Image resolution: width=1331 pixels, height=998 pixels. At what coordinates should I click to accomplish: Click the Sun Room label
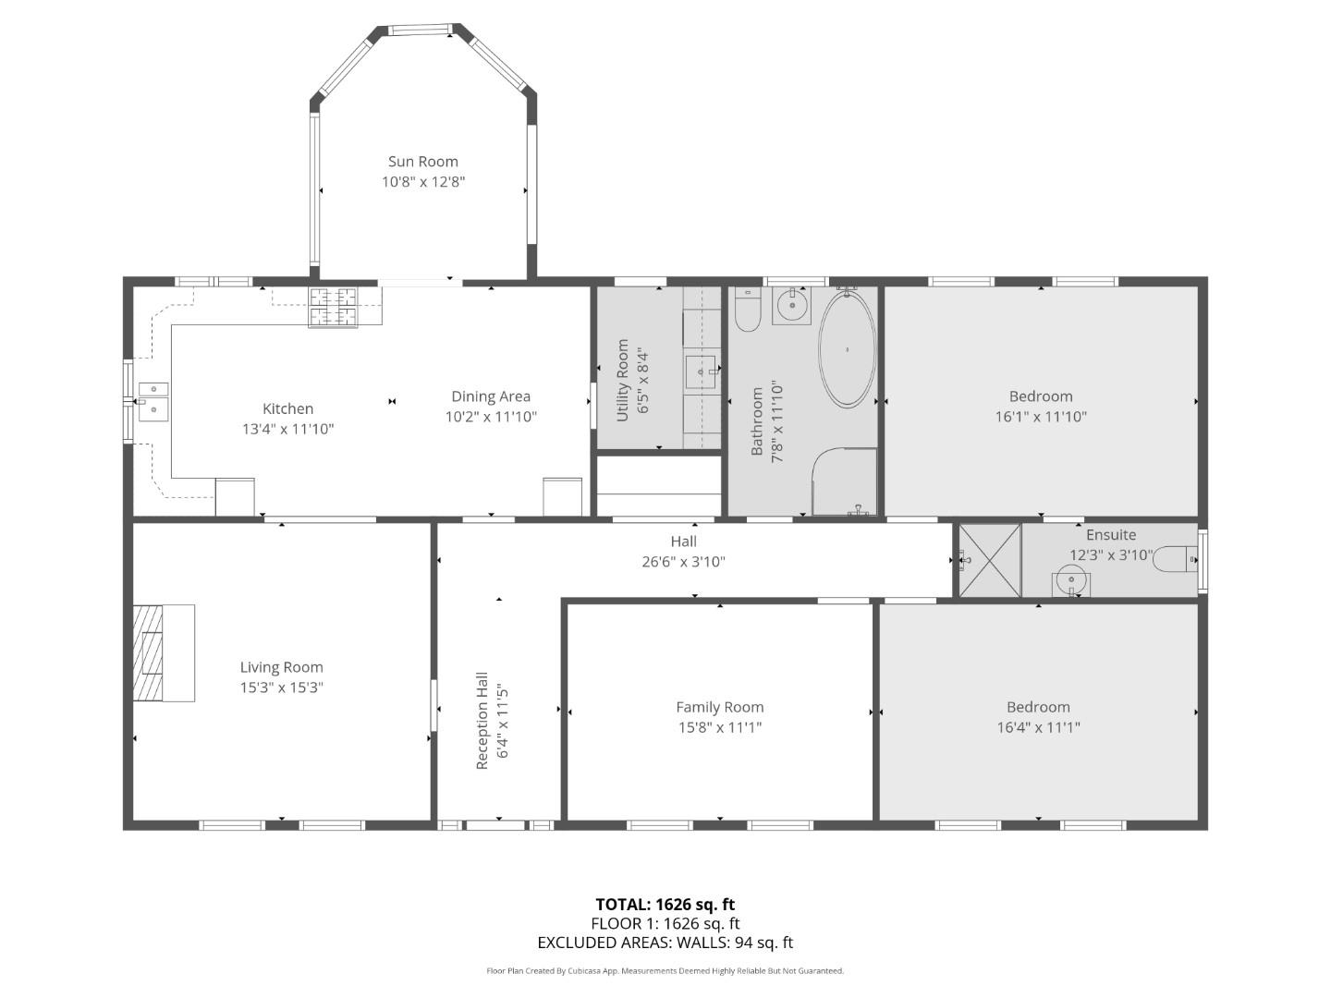pos(422,162)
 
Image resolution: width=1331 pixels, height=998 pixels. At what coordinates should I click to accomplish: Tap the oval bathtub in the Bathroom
pos(847,349)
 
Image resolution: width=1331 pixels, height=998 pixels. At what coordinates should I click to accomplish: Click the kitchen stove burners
pos(333,307)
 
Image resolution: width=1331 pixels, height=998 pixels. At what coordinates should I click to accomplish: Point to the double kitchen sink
pos(153,401)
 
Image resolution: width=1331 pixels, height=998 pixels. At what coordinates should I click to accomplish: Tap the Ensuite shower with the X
pos(990,561)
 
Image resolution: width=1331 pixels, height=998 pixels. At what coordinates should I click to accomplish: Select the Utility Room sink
pos(701,371)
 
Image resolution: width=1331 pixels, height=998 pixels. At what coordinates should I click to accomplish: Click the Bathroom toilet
pos(747,309)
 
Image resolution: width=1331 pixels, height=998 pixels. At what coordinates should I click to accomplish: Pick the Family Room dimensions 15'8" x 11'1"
pos(720,727)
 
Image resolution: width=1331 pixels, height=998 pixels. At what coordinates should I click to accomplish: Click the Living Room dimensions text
pos(281,688)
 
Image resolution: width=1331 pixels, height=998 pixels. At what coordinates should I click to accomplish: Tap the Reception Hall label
pos(482,721)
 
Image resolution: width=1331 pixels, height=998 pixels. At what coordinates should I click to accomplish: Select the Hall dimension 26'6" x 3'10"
pos(683,562)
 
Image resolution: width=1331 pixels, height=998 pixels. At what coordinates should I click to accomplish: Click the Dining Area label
pos(491,396)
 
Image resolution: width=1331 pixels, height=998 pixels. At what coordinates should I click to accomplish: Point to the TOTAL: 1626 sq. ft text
pos(665,905)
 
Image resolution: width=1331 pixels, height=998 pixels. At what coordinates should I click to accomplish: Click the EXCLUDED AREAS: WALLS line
pos(665,943)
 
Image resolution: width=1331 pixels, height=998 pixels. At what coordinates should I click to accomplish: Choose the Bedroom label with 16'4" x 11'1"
pos(1038,707)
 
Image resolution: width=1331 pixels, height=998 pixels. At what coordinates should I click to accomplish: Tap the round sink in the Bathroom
pos(792,305)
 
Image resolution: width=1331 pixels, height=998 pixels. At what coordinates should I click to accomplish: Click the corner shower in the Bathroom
pos(845,482)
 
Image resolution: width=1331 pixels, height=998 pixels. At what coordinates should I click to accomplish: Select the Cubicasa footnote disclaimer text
pos(665,971)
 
